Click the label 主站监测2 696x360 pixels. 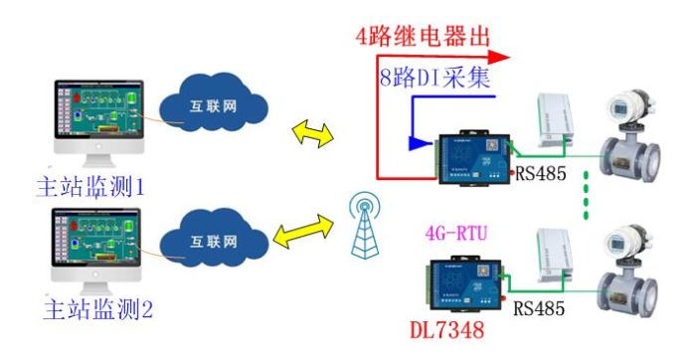[98, 308]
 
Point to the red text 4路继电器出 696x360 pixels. [425, 37]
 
